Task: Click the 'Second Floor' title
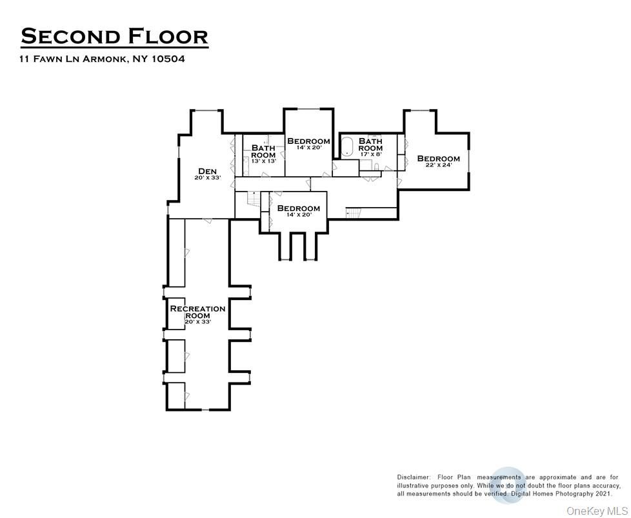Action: coord(114,36)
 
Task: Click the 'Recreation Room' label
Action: coord(197,312)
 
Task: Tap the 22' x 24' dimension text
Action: coord(438,165)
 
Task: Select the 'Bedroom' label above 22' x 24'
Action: coord(438,159)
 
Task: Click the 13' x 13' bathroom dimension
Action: coord(263,161)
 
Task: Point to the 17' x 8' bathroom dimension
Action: coord(370,154)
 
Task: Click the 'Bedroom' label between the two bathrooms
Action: coord(308,141)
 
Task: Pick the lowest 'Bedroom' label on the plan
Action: coord(298,208)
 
